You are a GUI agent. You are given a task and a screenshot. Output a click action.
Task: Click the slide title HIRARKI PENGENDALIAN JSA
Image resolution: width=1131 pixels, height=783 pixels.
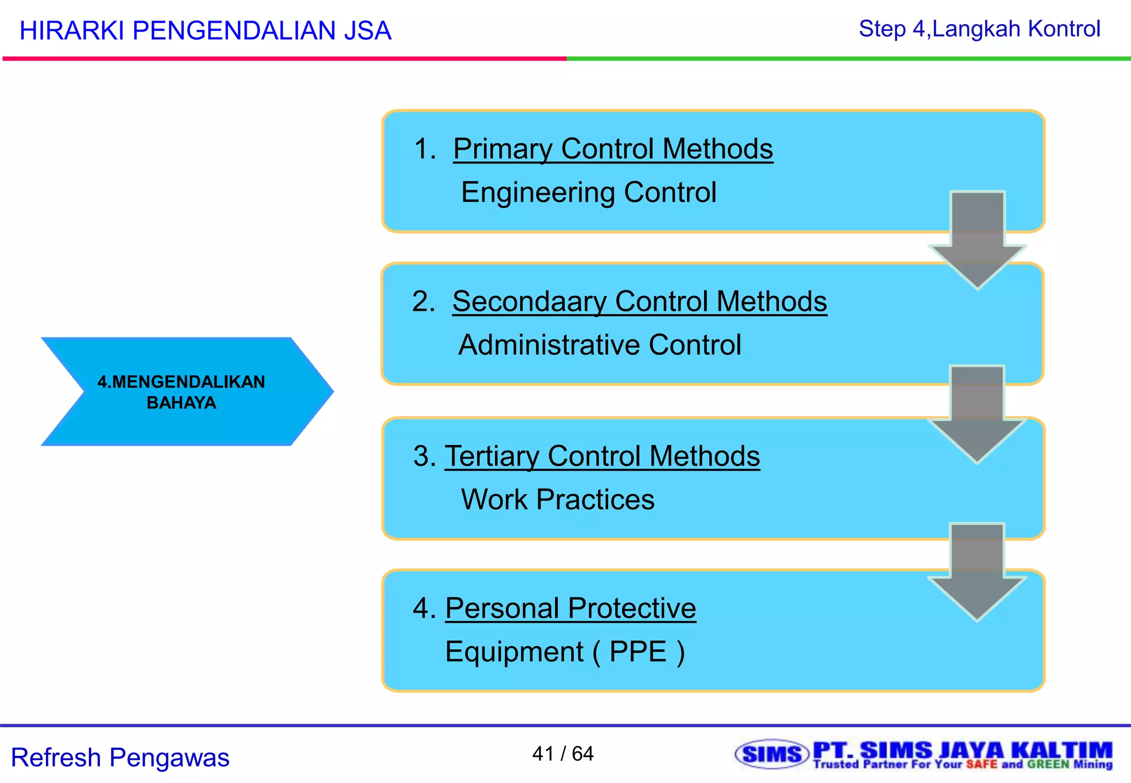[x=205, y=31]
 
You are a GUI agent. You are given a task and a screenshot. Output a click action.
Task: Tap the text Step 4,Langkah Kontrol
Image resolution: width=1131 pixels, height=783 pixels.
[x=979, y=29]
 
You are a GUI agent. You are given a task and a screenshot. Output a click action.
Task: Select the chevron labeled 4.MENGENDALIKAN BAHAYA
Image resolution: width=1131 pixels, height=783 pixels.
[x=182, y=391]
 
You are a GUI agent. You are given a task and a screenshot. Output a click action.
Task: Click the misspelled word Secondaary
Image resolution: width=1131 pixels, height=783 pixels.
[x=529, y=302]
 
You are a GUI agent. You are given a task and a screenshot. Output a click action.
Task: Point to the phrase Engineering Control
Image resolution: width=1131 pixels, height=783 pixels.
[x=588, y=193]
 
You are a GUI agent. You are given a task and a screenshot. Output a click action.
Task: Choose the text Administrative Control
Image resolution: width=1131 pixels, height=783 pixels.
[x=599, y=345]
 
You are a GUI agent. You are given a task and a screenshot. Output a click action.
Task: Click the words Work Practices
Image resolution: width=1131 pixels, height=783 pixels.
[x=558, y=500]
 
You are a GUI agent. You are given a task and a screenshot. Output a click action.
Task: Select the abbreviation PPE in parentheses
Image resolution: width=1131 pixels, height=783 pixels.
[x=638, y=652]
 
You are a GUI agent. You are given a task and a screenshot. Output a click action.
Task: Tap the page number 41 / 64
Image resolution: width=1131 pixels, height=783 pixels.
[x=563, y=754]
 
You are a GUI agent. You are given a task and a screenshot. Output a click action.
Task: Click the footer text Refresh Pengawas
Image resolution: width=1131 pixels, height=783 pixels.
[x=120, y=758]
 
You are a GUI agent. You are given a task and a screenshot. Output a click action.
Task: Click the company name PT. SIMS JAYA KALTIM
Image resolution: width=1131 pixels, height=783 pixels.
[x=962, y=750]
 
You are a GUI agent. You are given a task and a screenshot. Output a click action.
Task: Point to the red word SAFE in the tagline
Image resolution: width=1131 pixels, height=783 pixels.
[x=981, y=765]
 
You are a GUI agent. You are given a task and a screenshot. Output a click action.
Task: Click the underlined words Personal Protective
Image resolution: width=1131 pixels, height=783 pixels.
[x=570, y=609]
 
